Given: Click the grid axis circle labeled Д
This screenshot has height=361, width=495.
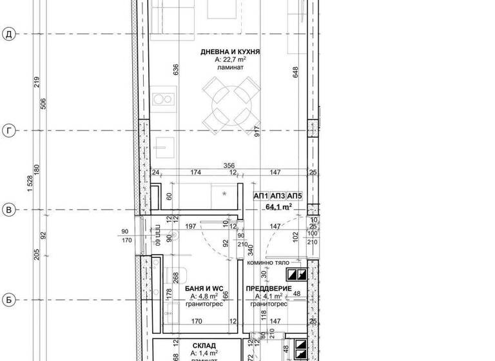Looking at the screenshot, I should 9,34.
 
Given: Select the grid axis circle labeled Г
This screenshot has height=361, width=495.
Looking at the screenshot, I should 9,131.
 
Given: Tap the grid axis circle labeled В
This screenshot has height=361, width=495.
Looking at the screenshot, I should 9,210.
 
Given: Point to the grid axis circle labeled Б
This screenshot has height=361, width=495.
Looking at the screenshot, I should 9,300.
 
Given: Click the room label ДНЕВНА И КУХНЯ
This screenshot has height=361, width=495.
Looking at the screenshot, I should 230,52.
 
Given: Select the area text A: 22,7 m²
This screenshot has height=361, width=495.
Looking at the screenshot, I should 230,59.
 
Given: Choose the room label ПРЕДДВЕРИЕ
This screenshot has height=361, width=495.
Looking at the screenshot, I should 269,289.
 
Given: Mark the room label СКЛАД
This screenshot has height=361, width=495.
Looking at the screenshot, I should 204,346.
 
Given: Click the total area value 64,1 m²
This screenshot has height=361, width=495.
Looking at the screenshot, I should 278,207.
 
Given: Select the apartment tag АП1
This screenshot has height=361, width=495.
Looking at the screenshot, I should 261,196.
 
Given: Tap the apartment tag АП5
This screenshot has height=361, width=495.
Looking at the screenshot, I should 295,196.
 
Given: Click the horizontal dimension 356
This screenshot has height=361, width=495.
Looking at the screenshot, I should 229,165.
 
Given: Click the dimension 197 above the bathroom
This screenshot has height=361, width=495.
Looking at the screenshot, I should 191,227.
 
